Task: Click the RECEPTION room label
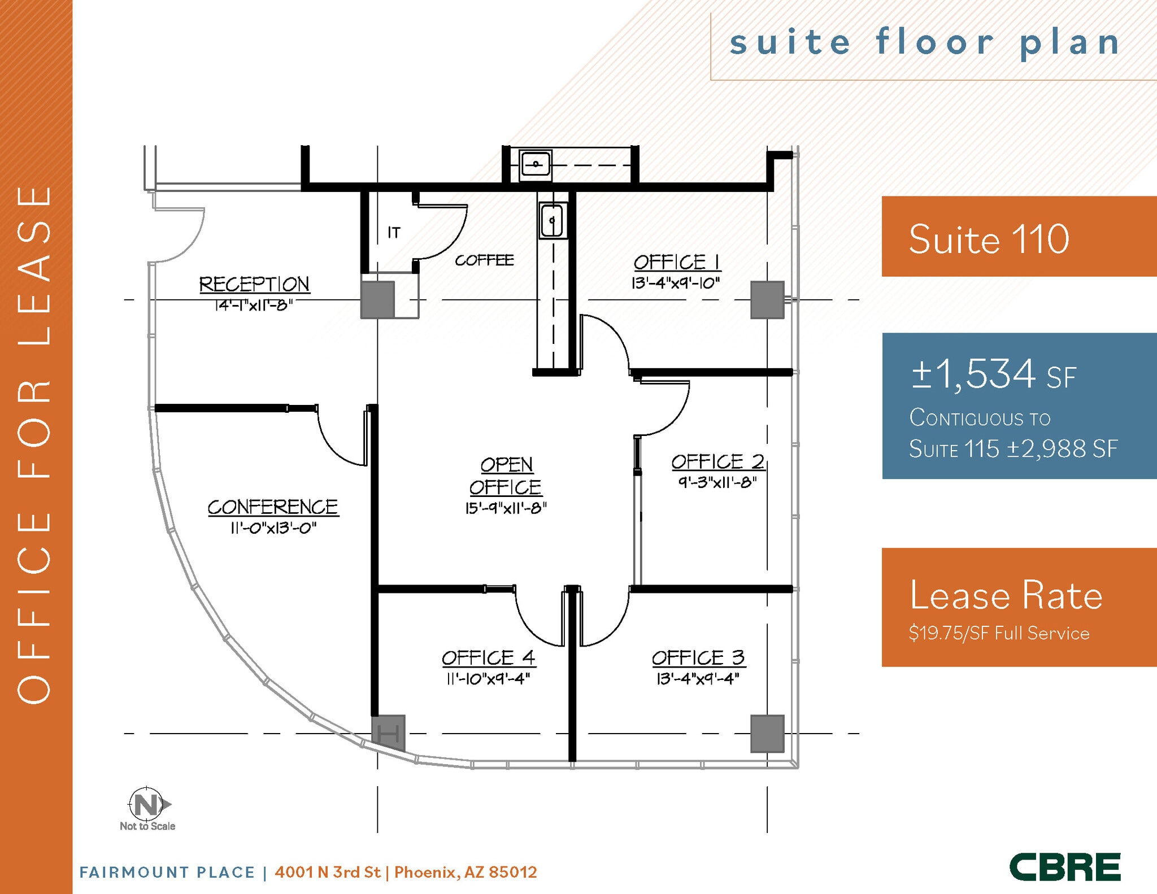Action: pyautogui.click(x=254, y=284)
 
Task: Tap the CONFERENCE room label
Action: pyautogui.click(x=272, y=507)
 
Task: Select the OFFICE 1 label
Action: pyautogui.click(x=676, y=263)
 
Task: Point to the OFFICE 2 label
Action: pyautogui.click(x=717, y=462)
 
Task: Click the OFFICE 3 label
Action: pyautogui.click(x=698, y=658)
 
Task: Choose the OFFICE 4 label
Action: pyautogui.click(x=488, y=658)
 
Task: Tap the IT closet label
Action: pyautogui.click(x=394, y=232)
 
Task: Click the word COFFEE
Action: pyautogui.click(x=484, y=260)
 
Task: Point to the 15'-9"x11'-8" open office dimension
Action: pyautogui.click(x=506, y=508)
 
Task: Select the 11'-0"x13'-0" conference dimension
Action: pyautogui.click(x=273, y=528)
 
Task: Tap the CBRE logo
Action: pyautogui.click(x=1065, y=867)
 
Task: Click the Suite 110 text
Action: pyautogui.click(x=989, y=239)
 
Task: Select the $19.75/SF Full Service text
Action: pyautogui.click(x=999, y=633)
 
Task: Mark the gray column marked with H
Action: pyautogui.click(x=388, y=734)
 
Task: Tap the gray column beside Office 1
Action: pyautogui.click(x=767, y=300)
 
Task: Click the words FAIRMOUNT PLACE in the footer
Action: pyautogui.click(x=167, y=873)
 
